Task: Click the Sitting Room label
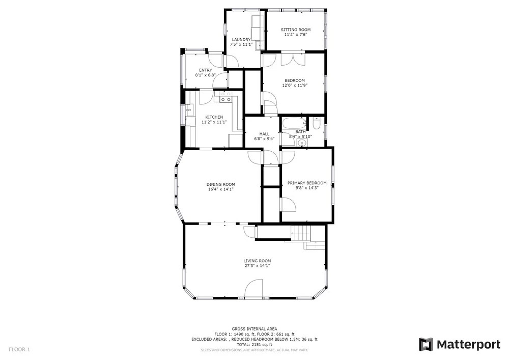coord(295,30)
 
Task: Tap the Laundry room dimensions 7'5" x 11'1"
coord(241,44)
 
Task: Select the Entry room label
coord(206,70)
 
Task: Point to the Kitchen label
coord(214,117)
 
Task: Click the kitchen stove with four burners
coord(225,97)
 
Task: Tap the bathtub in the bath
coord(294,123)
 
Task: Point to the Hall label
coord(264,134)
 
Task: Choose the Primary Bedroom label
coord(307,183)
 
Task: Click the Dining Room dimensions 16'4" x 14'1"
coord(221,189)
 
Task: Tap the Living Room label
coord(257,261)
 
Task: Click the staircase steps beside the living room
coord(301,232)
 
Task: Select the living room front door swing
coord(253,288)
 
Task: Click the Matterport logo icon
coord(426,344)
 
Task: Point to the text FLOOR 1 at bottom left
coord(19,350)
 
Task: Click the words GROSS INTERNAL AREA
coord(254,329)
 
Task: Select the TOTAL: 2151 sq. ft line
coord(254,344)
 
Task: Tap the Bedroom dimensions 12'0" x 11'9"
coord(294,86)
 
